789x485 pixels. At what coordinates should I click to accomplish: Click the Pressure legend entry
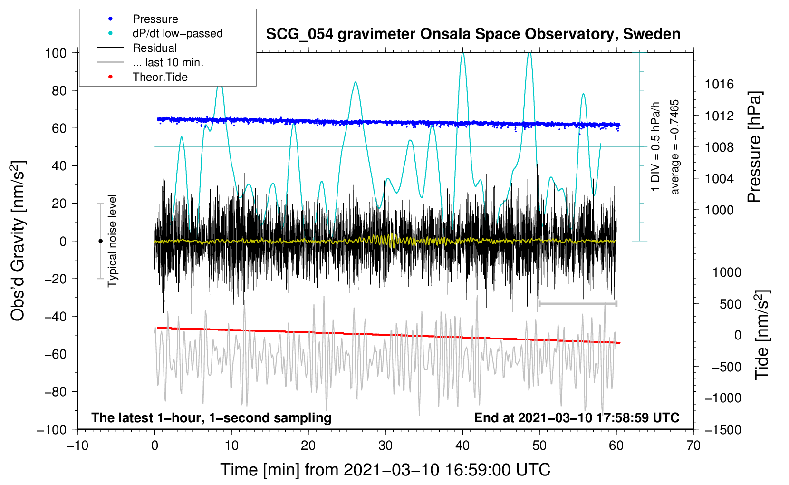coord(155,19)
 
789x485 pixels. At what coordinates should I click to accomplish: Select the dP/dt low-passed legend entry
coord(177,33)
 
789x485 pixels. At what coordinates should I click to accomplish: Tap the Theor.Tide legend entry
coord(160,77)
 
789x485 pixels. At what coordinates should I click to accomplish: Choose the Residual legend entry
coord(154,48)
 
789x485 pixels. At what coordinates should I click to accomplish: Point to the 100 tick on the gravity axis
coord(56,53)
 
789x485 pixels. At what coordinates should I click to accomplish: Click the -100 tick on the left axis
coord(52,429)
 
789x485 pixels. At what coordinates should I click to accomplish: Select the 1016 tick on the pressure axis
coord(719,85)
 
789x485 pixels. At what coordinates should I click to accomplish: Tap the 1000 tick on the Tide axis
coord(727,272)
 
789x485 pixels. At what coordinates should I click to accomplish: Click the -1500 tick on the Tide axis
coord(722,429)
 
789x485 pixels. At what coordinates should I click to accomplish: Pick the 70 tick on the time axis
coord(693,446)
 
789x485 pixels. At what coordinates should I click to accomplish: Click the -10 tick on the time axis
coord(77,446)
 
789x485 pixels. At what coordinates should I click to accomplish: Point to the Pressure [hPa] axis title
coord(754,147)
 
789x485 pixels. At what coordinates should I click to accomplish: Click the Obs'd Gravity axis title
coord(18,241)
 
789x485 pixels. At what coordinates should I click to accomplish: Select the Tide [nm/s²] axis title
coord(762,335)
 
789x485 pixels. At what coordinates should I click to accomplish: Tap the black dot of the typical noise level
coord(100,241)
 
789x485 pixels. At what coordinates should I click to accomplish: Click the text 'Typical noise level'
coord(112,241)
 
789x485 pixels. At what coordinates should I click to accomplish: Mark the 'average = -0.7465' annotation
coord(675,147)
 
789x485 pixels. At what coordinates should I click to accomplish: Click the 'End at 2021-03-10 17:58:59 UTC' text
coord(577,417)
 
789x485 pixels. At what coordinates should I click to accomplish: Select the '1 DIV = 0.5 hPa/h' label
coord(656,146)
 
